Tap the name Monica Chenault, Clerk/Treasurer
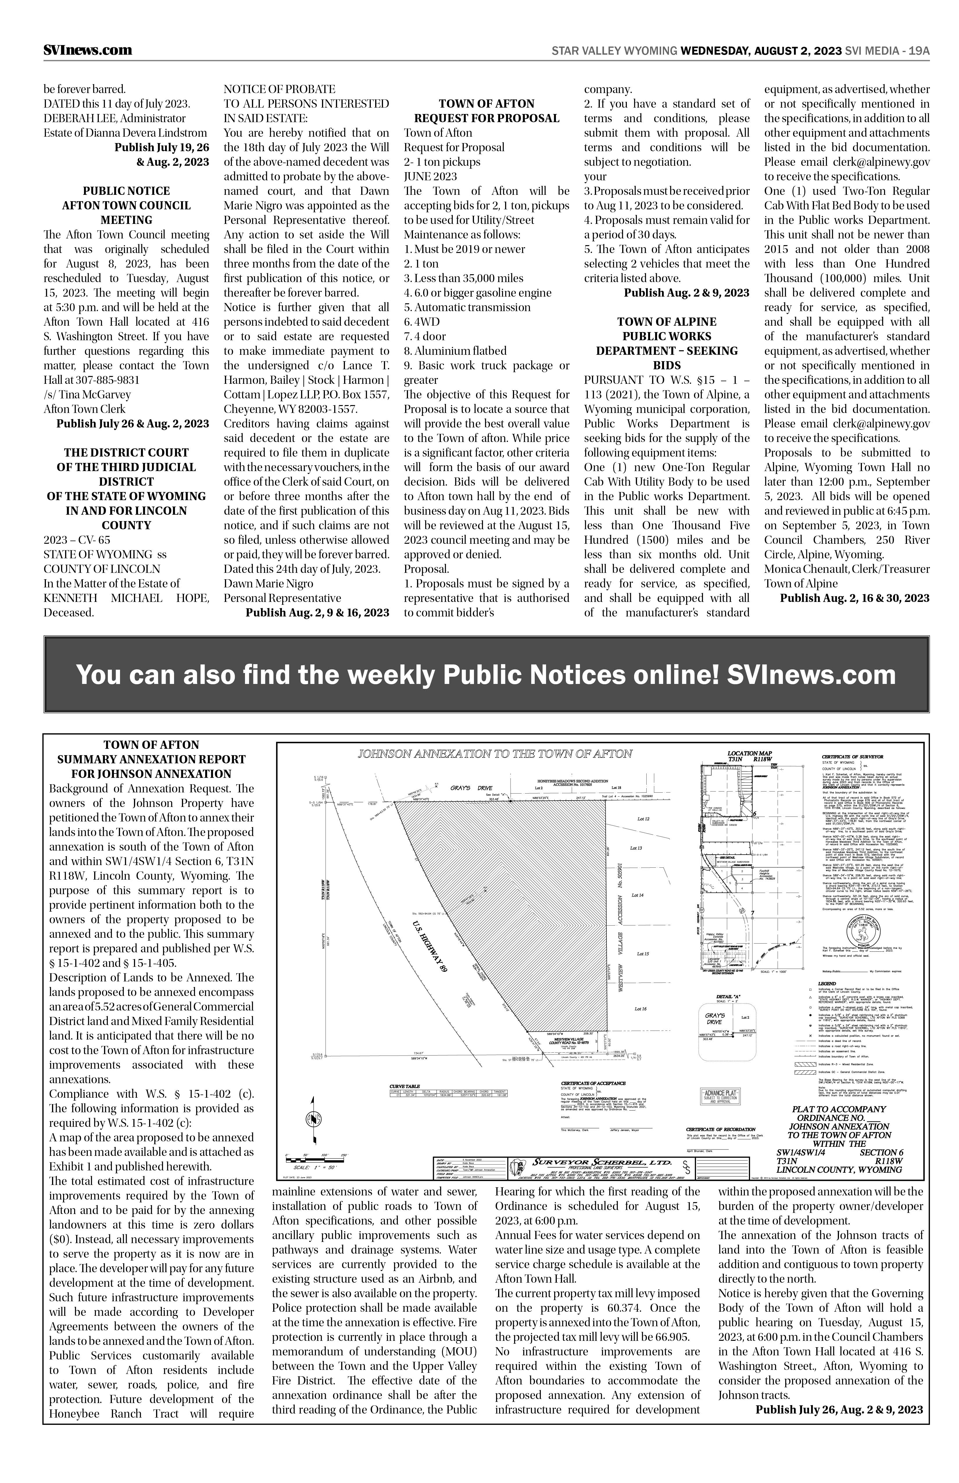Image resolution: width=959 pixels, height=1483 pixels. tap(847, 569)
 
